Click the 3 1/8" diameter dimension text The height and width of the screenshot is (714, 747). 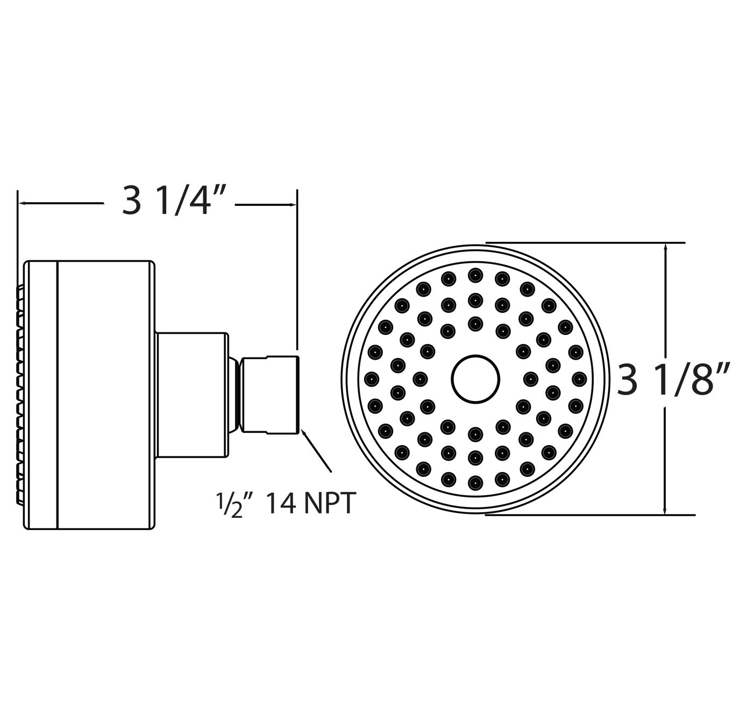673,379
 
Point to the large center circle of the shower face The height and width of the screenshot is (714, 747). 475,379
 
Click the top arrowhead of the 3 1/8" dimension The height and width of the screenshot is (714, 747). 666,247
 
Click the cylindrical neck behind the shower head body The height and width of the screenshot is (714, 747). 191,394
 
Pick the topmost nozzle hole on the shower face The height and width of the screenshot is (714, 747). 475,275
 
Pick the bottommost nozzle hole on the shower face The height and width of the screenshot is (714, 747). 475,481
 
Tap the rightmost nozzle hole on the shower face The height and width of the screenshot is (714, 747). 579,379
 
